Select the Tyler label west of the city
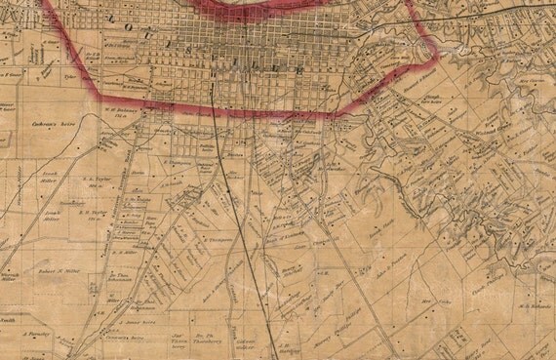point(69,71)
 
